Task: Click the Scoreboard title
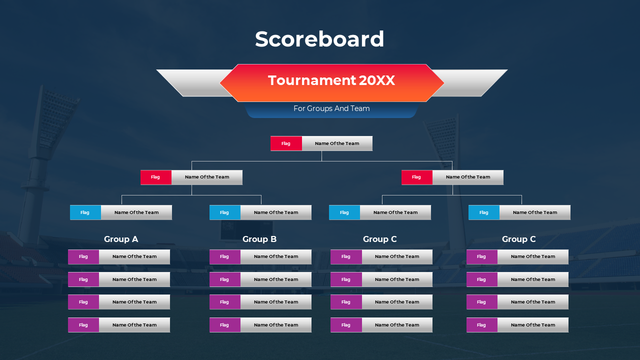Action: click(x=319, y=39)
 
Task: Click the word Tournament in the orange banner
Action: click(x=311, y=80)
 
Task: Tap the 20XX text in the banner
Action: click(x=376, y=80)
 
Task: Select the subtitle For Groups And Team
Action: click(x=331, y=108)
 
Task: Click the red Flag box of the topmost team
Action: click(x=286, y=143)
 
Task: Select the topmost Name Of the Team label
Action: click(x=337, y=143)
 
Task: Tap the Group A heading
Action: click(x=121, y=239)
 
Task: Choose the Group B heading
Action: click(x=259, y=239)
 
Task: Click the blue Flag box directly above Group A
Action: click(x=85, y=212)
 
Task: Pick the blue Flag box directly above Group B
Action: click(x=224, y=212)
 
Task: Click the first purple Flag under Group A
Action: click(x=83, y=256)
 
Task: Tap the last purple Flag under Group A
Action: click(x=83, y=325)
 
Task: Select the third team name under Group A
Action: click(x=134, y=302)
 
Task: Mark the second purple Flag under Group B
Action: click(x=224, y=279)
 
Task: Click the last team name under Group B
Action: click(x=276, y=325)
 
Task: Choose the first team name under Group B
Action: click(x=276, y=256)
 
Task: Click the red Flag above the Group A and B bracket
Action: click(x=155, y=177)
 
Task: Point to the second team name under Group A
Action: click(x=134, y=279)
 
